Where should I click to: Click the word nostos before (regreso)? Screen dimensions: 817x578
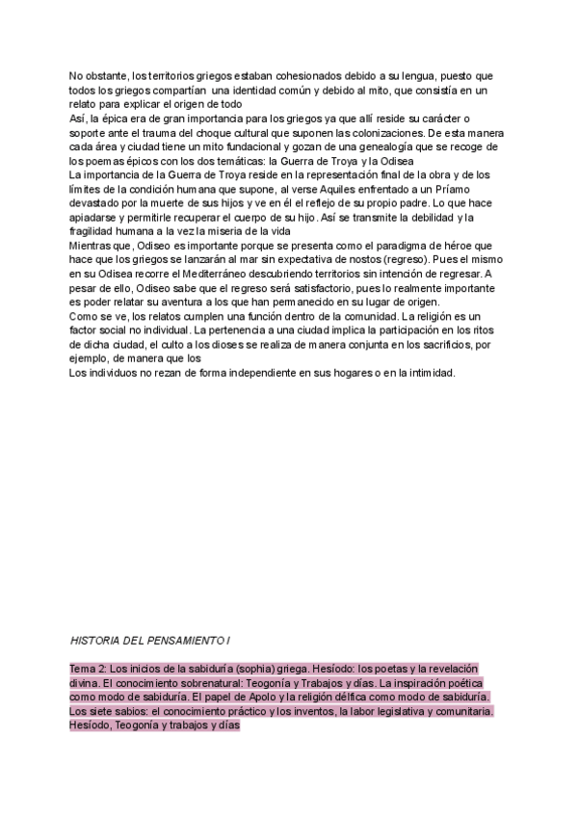(340, 260)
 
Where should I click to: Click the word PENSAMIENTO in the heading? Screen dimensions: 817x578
(186, 640)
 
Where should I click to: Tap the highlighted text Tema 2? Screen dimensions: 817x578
(87, 669)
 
